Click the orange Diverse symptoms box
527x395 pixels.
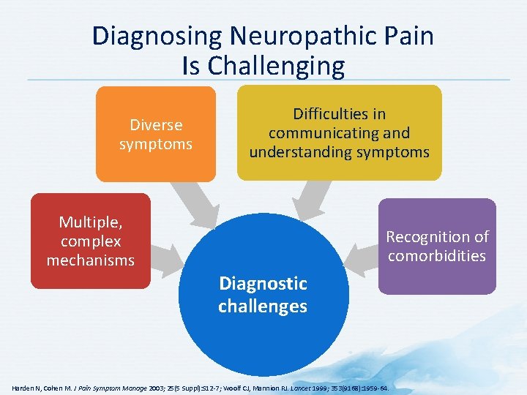[156, 133]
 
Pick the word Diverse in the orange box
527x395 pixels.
[156, 125]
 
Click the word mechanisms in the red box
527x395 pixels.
[90, 260]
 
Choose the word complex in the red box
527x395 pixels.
[91, 241]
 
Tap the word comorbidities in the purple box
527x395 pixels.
[437, 256]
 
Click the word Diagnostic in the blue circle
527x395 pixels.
[263, 283]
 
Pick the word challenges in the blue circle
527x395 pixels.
[263, 306]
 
